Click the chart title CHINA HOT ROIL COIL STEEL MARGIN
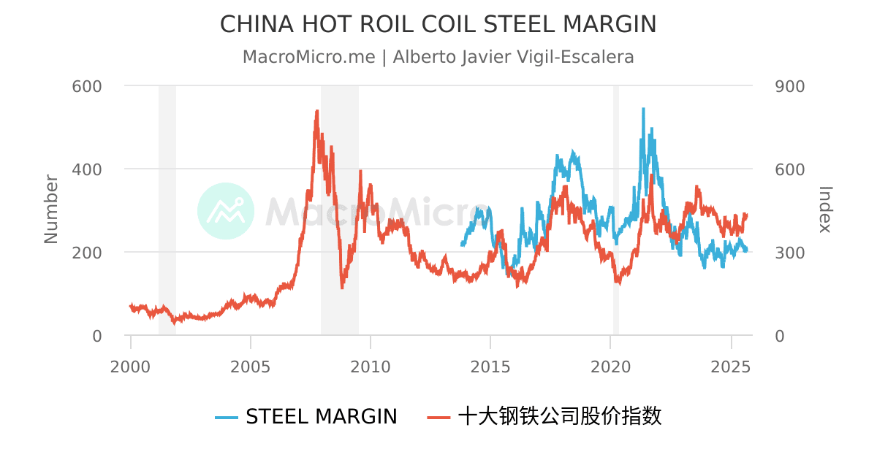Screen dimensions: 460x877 pos(438,25)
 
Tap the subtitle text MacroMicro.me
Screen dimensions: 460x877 pos(308,57)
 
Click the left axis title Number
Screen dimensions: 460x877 pos(51,209)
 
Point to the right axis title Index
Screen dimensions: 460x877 pos(824,209)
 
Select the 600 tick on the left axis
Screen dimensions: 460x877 pos(86,86)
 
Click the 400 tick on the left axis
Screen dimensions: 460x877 pos(86,169)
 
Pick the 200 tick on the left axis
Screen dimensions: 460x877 pos(86,253)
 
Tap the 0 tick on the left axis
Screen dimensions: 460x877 pos(96,336)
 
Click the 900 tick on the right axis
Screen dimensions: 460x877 pos(789,86)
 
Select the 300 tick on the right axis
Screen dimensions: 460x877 pos(789,253)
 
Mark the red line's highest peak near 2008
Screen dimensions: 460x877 pos(317,111)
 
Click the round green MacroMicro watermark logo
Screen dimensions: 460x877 pos(226,211)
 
